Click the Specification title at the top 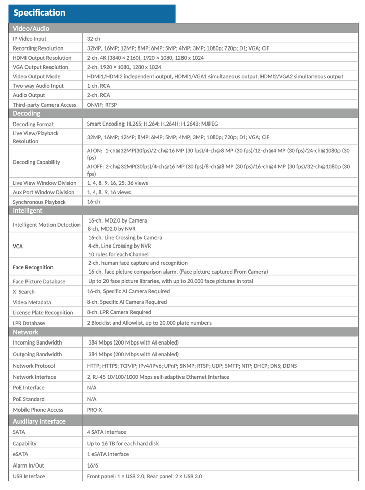[40, 13]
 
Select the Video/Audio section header [31, 29]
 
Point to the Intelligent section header [28, 210]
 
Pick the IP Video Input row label [30, 39]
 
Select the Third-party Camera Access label [44, 105]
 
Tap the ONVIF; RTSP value [102, 105]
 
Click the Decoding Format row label [33, 124]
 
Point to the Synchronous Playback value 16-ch [94, 202]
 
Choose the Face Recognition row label [33, 267]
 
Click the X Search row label [24, 292]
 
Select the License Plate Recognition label [43, 313]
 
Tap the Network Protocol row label [34, 366]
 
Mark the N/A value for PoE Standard [92, 399]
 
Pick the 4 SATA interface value [107, 432]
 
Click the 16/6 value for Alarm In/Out [93, 465]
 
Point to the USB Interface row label [29, 476]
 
